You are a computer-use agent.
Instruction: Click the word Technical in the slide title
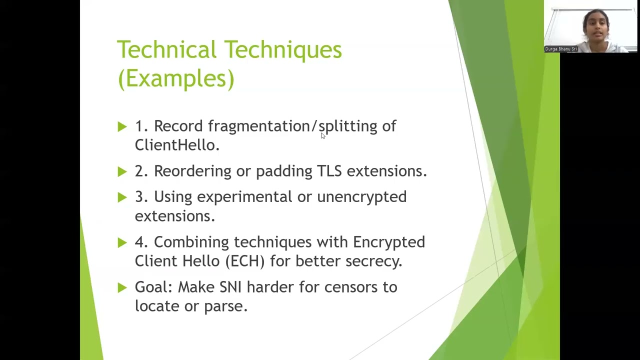click(x=167, y=50)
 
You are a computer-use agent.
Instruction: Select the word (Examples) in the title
click(x=175, y=78)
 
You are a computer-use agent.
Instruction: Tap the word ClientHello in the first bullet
click(x=175, y=145)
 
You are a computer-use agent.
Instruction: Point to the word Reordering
click(x=192, y=171)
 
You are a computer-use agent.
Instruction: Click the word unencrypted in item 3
click(x=361, y=197)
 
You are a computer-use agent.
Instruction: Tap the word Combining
click(x=191, y=242)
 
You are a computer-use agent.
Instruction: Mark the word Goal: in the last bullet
click(x=153, y=287)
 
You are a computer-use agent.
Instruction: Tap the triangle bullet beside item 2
click(x=122, y=171)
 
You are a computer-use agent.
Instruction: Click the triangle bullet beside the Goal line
click(x=122, y=287)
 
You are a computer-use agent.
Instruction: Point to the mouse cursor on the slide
click(x=323, y=136)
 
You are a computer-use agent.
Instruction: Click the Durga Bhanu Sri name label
click(x=561, y=49)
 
